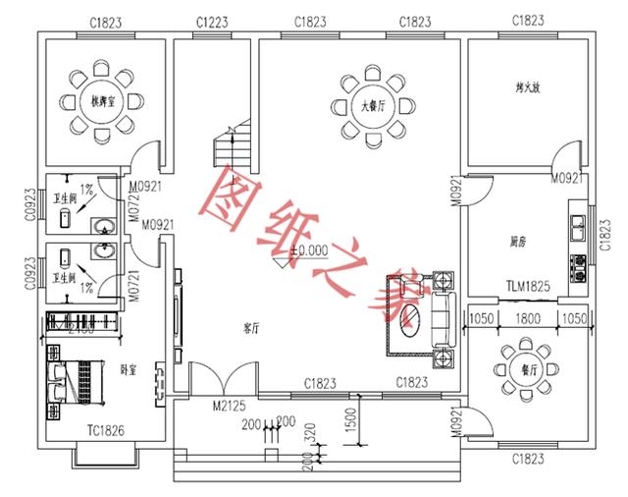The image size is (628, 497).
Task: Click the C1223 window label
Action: coord(214,21)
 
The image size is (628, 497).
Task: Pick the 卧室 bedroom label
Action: coord(128,369)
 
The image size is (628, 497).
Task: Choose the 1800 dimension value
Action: coord(529,318)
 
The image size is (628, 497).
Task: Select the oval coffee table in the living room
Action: coord(415,319)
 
